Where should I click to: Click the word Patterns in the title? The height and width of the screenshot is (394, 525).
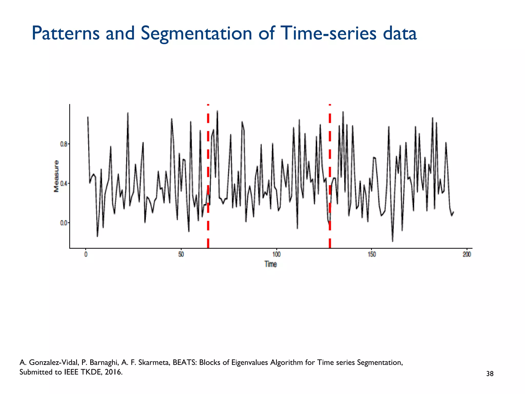tap(65, 33)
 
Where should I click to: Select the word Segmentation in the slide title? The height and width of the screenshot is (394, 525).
tap(196, 33)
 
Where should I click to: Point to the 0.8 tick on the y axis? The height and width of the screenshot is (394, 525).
tap(64, 144)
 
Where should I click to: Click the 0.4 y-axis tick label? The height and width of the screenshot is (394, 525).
tap(64, 183)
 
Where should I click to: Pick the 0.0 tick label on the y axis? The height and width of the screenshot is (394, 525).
tap(64, 223)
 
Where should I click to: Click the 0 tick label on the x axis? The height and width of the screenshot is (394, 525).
tap(86, 254)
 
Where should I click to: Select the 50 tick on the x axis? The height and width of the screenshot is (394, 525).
tap(181, 254)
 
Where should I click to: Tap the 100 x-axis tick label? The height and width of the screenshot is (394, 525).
tap(276, 254)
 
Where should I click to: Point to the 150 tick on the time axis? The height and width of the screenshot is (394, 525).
tap(371, 254)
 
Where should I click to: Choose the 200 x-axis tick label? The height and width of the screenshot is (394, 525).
tap(467, 254)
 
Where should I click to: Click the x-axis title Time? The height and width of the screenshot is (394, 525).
tap(271, 264)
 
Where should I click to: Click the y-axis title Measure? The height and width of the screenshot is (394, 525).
tap(56, 176)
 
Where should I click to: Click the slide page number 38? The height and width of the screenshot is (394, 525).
tap(490, 374)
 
